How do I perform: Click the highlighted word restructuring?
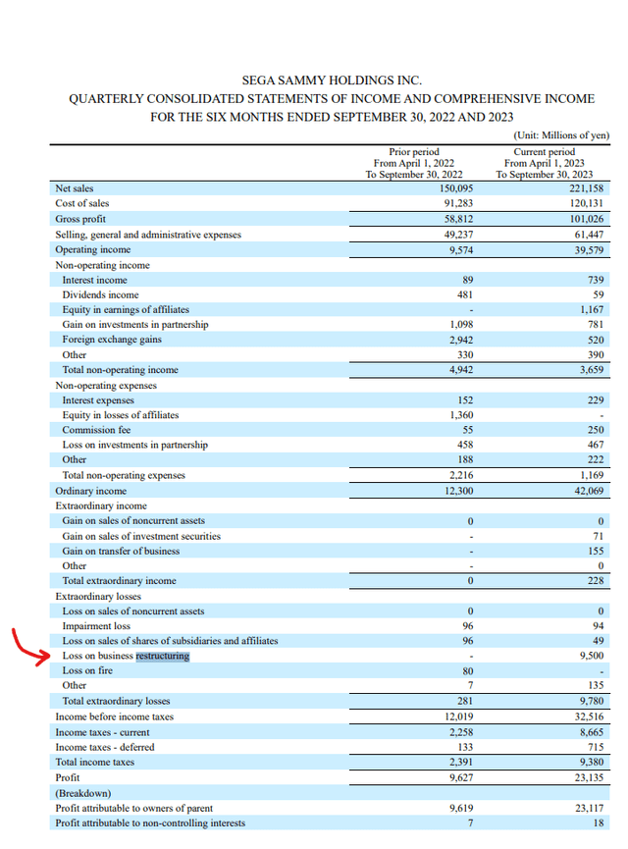(163, 656)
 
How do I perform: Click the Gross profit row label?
(80, 219)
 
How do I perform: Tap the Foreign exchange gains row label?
(112, 340)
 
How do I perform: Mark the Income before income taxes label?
(113, 716)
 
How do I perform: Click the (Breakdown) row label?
(82, 792)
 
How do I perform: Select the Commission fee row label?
(96, 430)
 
